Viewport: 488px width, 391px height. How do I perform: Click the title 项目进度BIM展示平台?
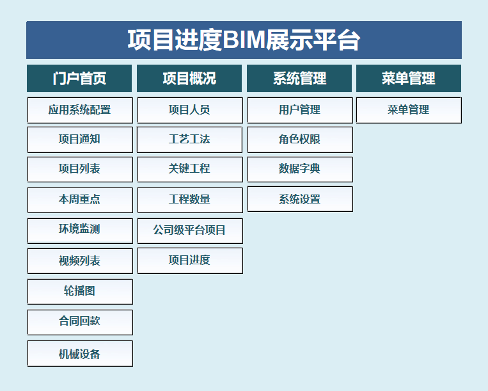tap(244, 40)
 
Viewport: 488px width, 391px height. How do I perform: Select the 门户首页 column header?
tap(79, 79)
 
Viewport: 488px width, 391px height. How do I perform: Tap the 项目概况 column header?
tap(189, 79)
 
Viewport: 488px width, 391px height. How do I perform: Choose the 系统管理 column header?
tap(299, 79)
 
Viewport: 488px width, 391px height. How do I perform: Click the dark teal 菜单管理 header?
tap(409, 79)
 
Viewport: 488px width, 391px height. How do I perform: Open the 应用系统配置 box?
tap(80, 110)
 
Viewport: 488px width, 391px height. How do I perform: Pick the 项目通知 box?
tap(80, 140)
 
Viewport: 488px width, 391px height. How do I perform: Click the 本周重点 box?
tap(80, 200)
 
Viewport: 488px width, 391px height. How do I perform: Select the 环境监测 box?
tap(80, 230)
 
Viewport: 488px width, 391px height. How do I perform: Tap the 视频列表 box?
tap(80, 261)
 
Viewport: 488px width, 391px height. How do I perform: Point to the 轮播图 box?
tap(80, 291)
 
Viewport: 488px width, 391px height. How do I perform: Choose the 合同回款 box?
tap(80, 322)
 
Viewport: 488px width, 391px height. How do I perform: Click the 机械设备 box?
tap(80, 353)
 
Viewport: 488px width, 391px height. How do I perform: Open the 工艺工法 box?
tap(189, 140)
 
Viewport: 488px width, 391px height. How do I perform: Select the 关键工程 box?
tap(190, 170)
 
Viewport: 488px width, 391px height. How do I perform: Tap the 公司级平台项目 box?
tap(190, 230)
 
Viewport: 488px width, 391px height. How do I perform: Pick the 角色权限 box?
tap(300, 140)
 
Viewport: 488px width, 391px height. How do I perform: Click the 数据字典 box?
tap(300, 170)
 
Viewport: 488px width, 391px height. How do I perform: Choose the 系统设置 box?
tap(300, 199)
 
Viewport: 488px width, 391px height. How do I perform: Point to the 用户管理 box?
tap(300, 110)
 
